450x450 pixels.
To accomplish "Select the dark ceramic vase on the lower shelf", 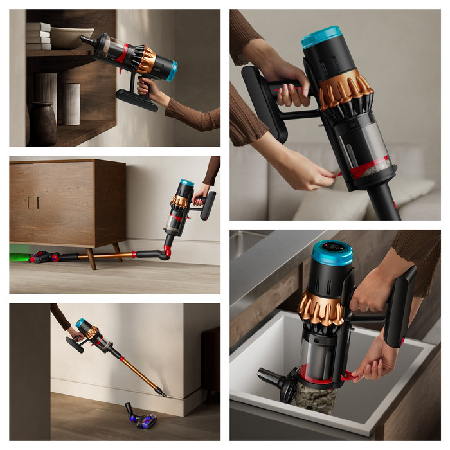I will [x=43, y=123].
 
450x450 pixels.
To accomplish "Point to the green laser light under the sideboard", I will [x=19, y=257].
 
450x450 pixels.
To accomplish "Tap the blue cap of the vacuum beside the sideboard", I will [x=186, y=183].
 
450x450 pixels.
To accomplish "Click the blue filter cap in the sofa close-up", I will [x=321, y=37].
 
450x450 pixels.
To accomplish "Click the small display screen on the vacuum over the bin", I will [x=331, y=246].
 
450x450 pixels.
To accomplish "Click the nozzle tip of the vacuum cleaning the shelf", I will [x=85, y=40].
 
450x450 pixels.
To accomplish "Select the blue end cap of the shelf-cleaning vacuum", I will [x=172, y=71].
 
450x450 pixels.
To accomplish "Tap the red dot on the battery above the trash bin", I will [x=402, y=339].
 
